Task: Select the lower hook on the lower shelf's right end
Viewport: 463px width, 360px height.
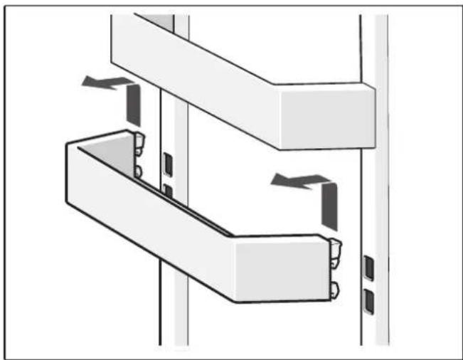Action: coord(335,288)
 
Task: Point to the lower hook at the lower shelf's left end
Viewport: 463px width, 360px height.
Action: coord(138,171)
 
